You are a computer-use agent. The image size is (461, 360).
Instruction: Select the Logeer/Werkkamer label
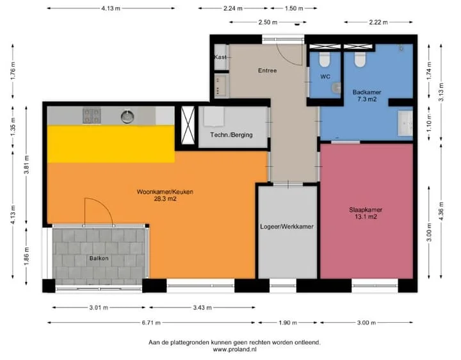click(x=287, y=227)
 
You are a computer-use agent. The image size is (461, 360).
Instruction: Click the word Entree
click(x=267, y=70)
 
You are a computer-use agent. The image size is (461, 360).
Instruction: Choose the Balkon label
click(x=99, y=259)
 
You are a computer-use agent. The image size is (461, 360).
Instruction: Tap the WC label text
click(x=325, y=76)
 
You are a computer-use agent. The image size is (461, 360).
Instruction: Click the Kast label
click(x=220, y=57)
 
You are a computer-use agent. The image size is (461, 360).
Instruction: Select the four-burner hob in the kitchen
click(x=91, y=115)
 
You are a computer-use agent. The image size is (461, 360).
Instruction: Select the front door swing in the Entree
click(x=291, y=54)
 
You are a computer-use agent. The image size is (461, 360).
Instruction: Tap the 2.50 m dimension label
click(x=268, y=22)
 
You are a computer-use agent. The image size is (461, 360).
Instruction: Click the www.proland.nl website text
click(x=234, y=350)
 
